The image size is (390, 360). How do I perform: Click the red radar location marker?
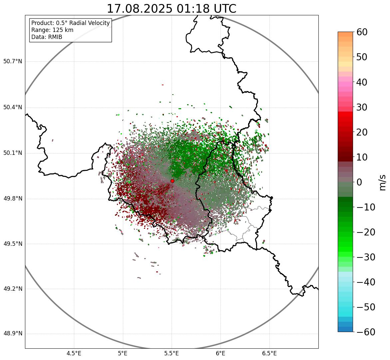(x=172, y=181)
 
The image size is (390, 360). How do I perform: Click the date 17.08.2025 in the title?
(x=139, y=9)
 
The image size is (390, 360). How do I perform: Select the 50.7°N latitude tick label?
(x=13, y=62)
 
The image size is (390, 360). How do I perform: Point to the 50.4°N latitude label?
(x=13, y=108)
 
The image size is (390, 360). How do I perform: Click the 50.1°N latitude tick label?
(x=13, y=153)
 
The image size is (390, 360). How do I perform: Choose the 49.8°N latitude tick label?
(x=13, y=199)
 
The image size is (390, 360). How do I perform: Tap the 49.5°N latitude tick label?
(x=13, y=244)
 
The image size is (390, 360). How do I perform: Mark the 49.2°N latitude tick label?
(x=13, y=289)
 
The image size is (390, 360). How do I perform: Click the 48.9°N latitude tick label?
(x=13, y=334)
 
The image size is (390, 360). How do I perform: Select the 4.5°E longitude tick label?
(x=74, y=353)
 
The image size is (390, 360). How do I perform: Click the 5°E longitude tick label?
(x=123, y=353)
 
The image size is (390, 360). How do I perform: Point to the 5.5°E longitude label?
(x=172, y=353)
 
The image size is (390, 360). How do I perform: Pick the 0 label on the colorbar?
(x=359, y=182)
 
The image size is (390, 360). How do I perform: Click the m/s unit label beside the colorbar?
(x=383, y=182)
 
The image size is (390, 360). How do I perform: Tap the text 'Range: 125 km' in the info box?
(x=52, y=30)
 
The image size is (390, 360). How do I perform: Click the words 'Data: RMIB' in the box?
(x=47, y=37)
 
